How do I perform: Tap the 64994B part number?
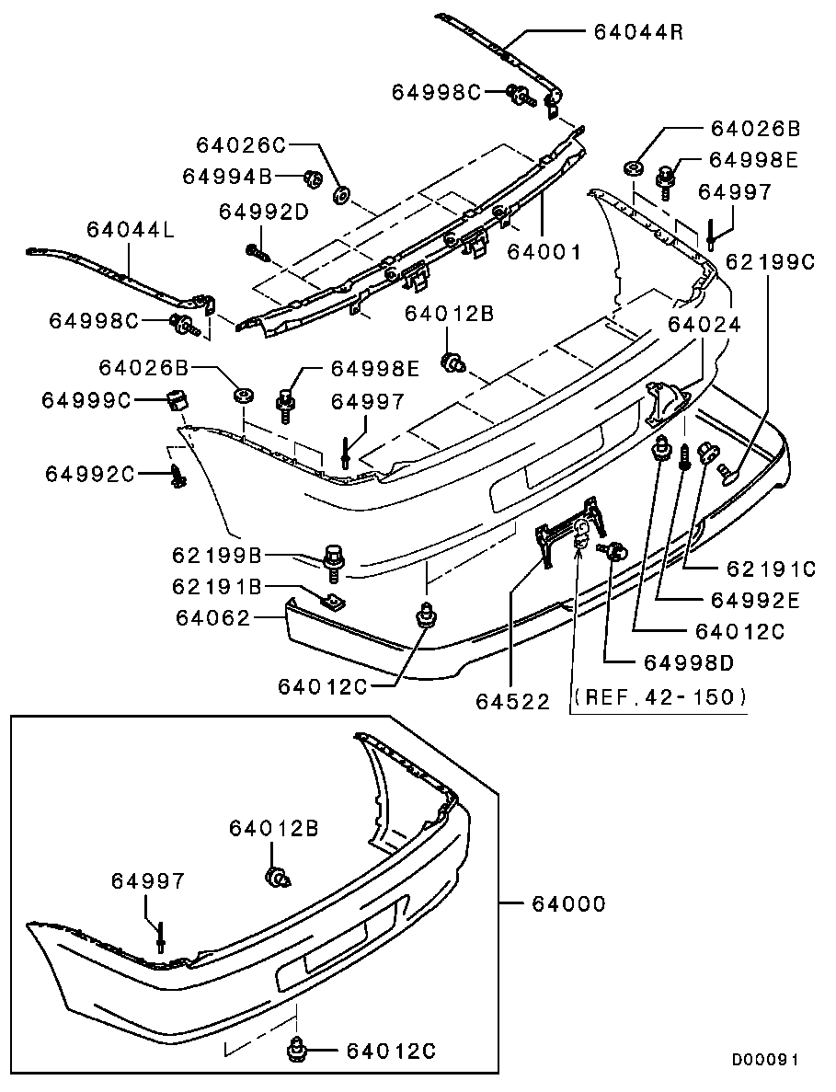click(x=228, y=175)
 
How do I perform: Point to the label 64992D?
click(x=264, y=212)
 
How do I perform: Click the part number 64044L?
click(x=131, y=228)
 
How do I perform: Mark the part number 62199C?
click(x=771, y=261)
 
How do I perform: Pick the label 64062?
click(x=213, y=618)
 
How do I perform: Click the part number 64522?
click(x=512, y=701)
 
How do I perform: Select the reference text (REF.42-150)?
click(x=659, y=696)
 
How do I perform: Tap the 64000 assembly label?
click(x=568, y=904)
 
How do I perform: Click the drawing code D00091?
click(x=764, y=1060)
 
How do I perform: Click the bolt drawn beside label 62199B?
click(x=334, y=563)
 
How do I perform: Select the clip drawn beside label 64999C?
click(x=176, y=401)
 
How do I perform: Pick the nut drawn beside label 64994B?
click(x=312, y=177)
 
